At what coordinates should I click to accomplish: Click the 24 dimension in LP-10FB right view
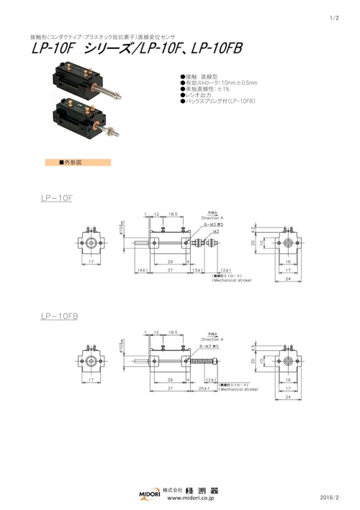pos(288,396)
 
